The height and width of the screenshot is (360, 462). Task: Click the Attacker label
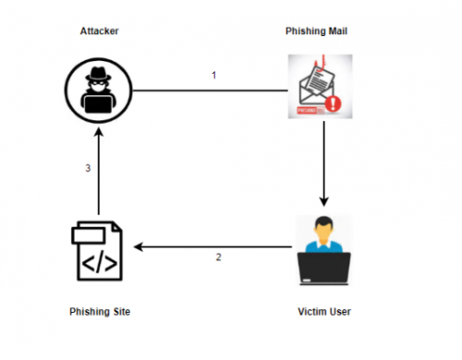98,31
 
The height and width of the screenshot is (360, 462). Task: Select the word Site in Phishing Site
118,312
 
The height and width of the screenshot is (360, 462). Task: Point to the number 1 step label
213,75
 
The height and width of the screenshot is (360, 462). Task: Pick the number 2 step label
218,257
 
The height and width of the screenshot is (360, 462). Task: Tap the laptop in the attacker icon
98,103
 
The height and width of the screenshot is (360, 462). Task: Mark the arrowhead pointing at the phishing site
138,246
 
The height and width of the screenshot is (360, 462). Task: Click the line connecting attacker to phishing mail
213,90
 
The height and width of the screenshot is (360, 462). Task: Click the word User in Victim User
339,312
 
